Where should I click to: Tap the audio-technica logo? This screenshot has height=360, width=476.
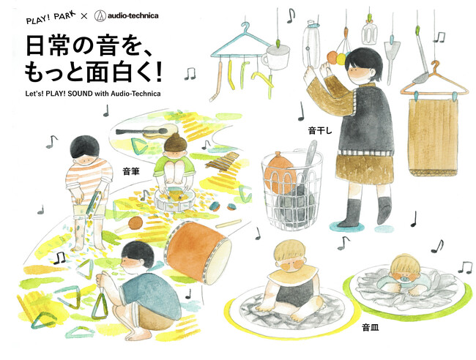coord(138,14)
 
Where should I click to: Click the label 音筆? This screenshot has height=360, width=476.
coord(130,170)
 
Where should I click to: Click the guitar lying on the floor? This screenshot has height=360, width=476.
coord(149,132)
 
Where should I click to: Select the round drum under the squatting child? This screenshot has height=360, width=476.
coord(174,197)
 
